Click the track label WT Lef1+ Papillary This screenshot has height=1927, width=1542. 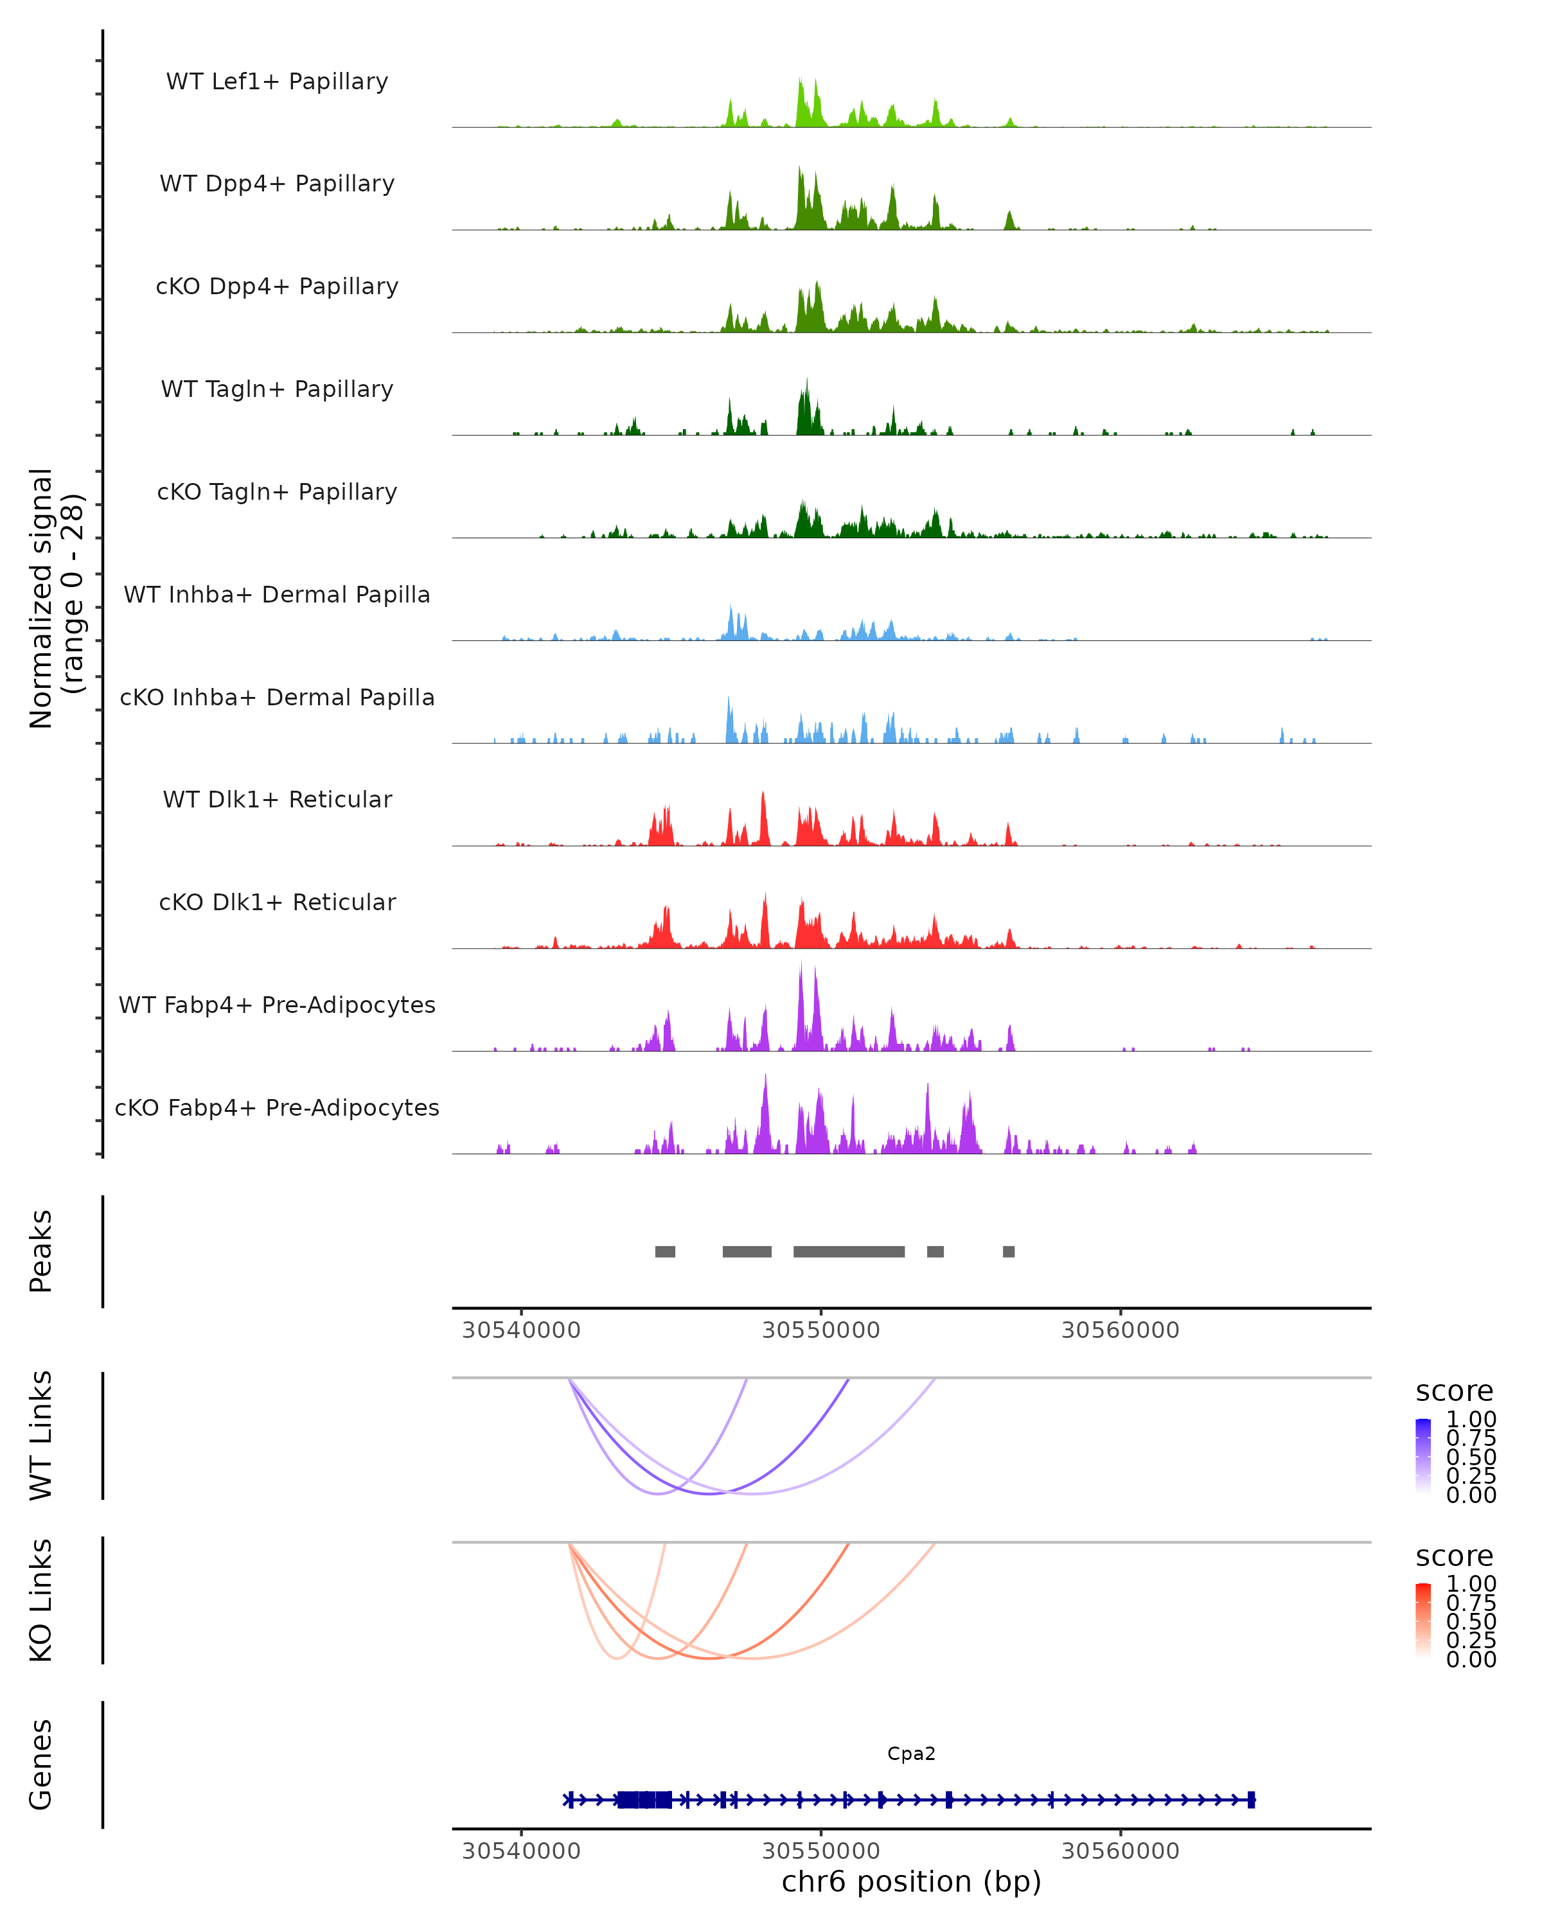point(277,82)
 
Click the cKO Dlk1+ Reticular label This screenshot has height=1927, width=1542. point(277,902)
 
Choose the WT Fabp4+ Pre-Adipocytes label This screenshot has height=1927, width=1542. point(277,1005)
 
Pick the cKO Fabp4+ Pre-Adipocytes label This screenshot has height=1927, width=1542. point(277,1107)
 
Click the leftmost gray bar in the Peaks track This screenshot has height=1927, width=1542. point(665,1251)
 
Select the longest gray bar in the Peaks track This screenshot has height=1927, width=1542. point(848,1251)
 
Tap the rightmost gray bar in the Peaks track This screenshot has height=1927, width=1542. point(1008,1251)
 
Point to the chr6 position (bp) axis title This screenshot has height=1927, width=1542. point(911,1881)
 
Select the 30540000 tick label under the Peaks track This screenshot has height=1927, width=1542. point(521,1330)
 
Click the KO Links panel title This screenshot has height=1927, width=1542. point(41,1601)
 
